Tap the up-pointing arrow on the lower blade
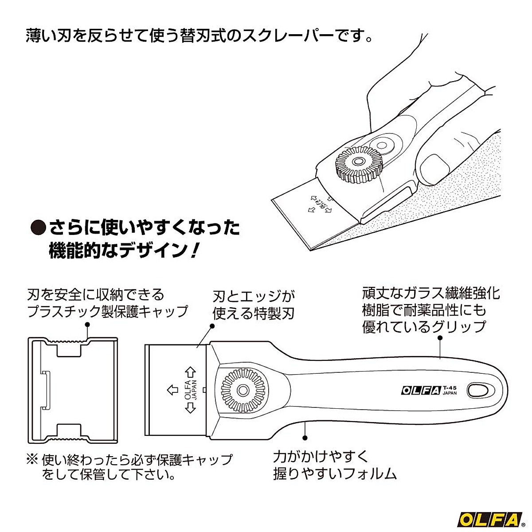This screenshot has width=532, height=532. [x=190, y=370]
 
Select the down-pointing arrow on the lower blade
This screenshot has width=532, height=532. [x=190, y=409]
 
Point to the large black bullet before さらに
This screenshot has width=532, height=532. [x=38, y=228]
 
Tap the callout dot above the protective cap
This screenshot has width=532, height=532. [x=87, y=325]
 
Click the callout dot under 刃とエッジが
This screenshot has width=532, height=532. [x=212, y=326]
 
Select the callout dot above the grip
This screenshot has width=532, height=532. [x=440, y=337]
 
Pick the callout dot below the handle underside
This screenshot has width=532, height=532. [x=305, y=438]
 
